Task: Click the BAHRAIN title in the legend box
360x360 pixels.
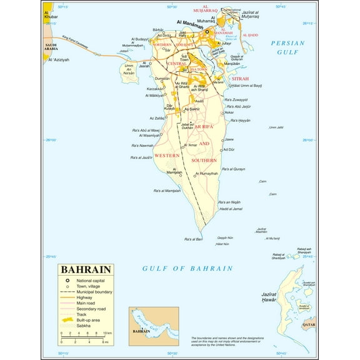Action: (86, 269)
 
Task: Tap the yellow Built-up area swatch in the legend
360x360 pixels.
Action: (65, 319)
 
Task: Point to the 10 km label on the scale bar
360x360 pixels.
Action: (108, 332)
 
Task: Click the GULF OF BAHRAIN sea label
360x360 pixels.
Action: (187, 268)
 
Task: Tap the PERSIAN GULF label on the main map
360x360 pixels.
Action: (287, 47)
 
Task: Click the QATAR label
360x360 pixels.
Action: (309, 326)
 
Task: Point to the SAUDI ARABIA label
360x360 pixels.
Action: (50, 46)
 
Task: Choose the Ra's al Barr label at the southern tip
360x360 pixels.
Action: (193, 239)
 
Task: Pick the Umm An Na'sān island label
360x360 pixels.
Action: (129, 69)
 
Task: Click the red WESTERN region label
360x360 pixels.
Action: (167, 154)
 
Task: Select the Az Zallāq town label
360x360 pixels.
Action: (157, 117)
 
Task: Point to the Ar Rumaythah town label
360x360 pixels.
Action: (206, 173)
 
